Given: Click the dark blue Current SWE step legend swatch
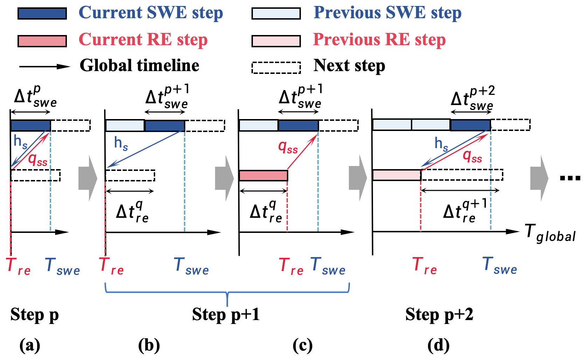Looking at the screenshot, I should (42, 14).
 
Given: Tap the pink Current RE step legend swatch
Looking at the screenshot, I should (42, 41).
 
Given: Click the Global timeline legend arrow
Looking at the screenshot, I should (44, 66).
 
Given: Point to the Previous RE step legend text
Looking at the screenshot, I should (379, 40).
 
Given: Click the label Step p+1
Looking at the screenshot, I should (226, 314).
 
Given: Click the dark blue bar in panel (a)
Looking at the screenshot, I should (30, 125).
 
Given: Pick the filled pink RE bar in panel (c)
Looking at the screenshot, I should (263, 175).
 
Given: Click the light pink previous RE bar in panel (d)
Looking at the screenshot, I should (397, 175).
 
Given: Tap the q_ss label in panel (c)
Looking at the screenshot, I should (288, 147).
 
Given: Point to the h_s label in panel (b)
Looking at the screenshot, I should (121, 143).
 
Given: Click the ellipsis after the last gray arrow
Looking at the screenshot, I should (570, 178).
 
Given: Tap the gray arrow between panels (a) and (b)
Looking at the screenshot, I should (88, 178).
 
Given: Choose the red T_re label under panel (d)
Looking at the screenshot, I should (425, 266).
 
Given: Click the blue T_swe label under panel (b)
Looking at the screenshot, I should (191, 266).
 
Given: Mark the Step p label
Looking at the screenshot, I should (34, 314).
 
